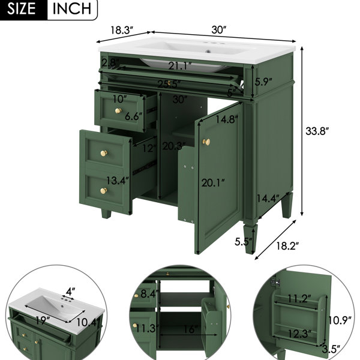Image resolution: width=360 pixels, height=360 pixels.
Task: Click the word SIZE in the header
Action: pos(22,9)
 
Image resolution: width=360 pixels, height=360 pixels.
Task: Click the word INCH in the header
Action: pos(72,9)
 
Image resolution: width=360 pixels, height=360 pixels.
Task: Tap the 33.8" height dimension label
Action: pos(317,131)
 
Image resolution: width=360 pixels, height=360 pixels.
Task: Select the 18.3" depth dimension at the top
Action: pos(122,30)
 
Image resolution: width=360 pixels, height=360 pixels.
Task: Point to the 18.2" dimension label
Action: pos(287,246)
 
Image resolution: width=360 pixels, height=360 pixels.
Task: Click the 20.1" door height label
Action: pos(213,183)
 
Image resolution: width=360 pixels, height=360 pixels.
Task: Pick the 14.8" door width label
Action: pos(227,119)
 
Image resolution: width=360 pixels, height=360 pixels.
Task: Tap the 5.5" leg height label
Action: pos(243,242)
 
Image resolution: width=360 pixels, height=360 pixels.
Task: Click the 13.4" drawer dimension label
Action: pos(118,181)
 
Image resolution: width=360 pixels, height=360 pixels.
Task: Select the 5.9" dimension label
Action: pos(263,82)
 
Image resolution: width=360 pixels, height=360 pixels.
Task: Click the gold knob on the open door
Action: pos(206,142)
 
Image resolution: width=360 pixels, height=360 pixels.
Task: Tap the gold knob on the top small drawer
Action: pos(118,111)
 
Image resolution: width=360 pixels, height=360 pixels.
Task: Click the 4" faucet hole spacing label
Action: pos(70,292)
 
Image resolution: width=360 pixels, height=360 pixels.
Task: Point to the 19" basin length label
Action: pos(43,320)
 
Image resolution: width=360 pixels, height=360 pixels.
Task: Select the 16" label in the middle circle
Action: pos(191,329)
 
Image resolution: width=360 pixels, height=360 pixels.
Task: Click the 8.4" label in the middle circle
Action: pos(149,293)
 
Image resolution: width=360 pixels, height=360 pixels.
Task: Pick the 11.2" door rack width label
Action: pos(299,299)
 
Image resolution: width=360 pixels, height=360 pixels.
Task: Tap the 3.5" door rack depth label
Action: pos(331,349)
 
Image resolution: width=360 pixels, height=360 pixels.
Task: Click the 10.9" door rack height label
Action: pos(340,320)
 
